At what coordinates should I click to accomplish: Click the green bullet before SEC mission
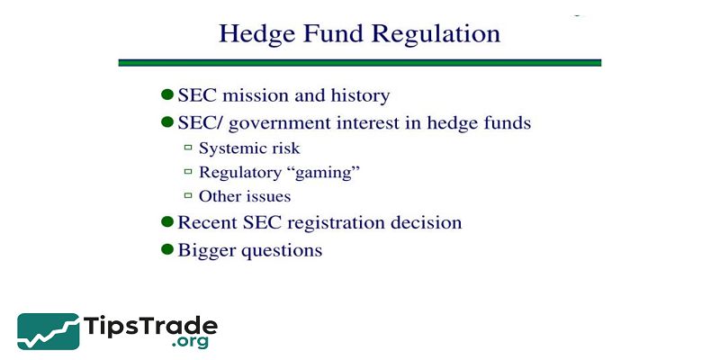pyautogui.click(x=166, y=94)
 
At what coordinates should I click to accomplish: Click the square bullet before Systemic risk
pyautogui.click(x=188, y=148)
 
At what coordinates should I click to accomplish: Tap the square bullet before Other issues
pyautogui.click(x=188, y=196)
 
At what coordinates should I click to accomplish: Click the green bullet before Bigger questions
pyautogui.click(x=166, y=250)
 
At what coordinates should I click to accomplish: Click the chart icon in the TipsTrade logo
pyautogui.click(x=47, y=330)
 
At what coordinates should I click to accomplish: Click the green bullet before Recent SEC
pyautogui.click(x=166, y=221)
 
